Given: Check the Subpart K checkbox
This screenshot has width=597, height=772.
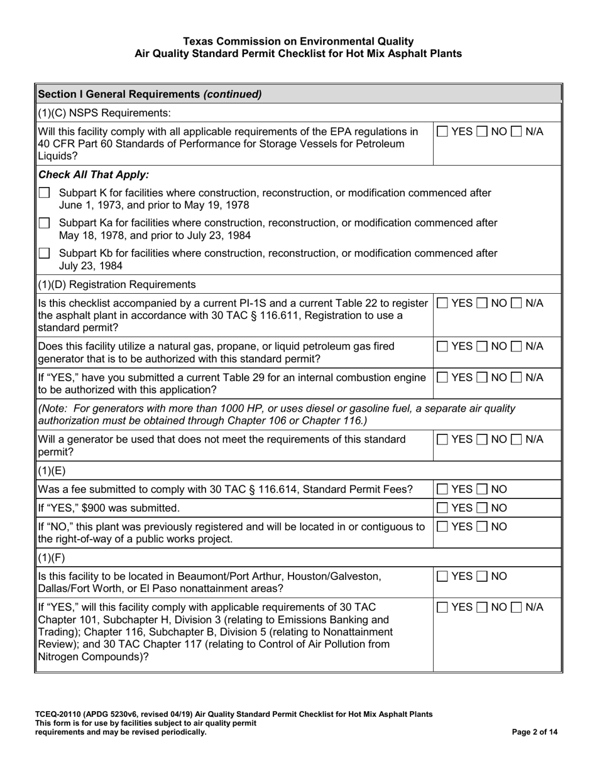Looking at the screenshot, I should [x=44, y=194].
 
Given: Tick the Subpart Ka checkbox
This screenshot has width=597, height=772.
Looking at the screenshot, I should [x=44, y=223].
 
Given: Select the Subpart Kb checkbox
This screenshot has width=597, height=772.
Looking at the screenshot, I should [x=44, y=253].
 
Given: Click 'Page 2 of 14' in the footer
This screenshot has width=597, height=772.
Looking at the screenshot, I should [x=535, y=732].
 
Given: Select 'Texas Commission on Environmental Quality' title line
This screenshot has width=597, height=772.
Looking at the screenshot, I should [x=298, y=41].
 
